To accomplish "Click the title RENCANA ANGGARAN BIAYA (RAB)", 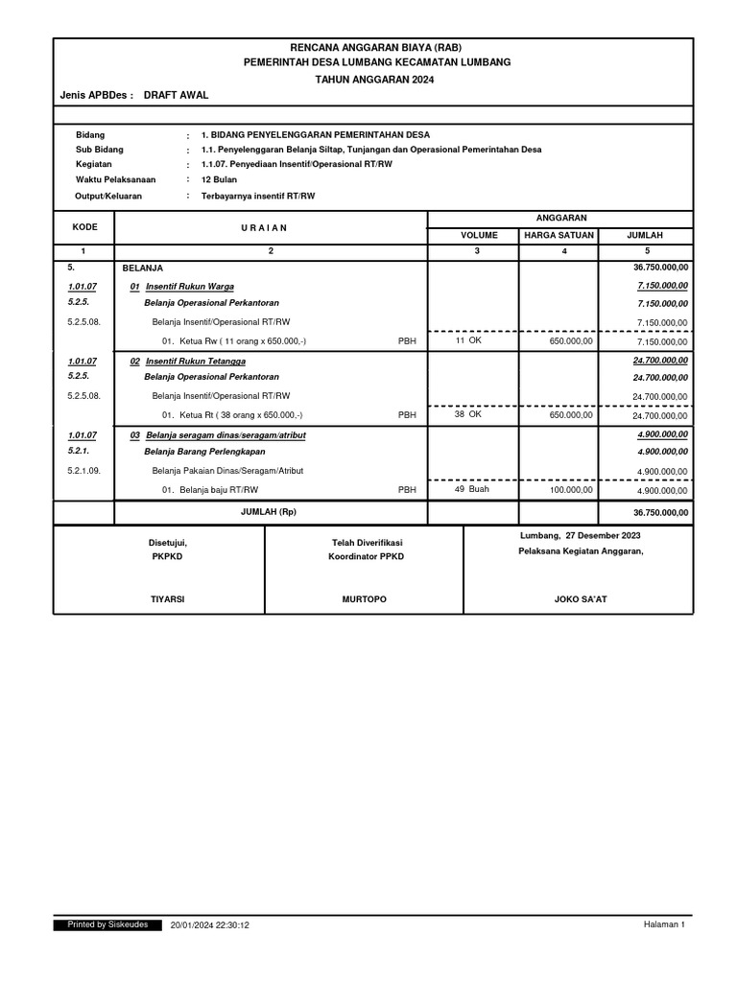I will coord(373,47).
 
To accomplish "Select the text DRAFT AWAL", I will coord(176,96).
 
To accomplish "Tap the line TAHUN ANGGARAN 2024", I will coord(373,80).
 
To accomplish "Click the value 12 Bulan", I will coord(220,179).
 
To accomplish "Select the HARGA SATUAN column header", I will coord(559,234).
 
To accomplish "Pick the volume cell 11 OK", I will coord(468,340).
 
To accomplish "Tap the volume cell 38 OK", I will coord(468,414).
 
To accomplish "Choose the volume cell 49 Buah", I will coord(471,489).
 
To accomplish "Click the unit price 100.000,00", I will coord(570,490).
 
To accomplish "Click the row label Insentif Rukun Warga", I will coord(190,287).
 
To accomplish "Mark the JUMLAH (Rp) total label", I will coord(269,513).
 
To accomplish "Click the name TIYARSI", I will coord(168,598).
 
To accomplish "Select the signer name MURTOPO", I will coord(364,598).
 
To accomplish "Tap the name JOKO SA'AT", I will coord(581,598).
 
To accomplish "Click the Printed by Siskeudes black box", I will coord(107,924).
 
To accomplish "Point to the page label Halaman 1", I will coord(663,924).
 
